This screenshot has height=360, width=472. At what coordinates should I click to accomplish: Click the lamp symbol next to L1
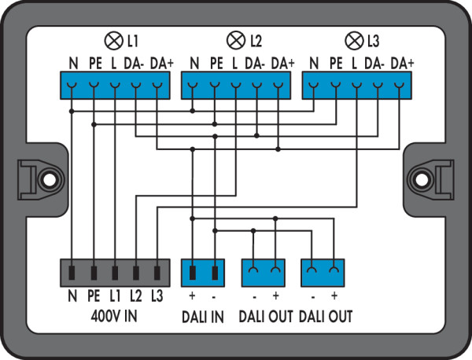pos(112,39)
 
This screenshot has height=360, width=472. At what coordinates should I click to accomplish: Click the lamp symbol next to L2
pos(234,39)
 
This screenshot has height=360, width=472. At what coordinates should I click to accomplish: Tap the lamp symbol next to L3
pos(354,39)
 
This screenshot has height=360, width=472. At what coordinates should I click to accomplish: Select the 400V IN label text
pos(115,317)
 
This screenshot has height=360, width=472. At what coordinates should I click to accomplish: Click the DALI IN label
pos(203,317)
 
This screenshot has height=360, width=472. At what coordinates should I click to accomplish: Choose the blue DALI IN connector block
pos(203,274)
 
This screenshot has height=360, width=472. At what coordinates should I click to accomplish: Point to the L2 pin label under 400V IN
pos(137,297)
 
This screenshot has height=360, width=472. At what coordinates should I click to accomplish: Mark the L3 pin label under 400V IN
pos(158,297)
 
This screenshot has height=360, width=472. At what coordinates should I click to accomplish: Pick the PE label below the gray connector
pos(94,297)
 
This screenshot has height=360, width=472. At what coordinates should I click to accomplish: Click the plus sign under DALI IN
pos(192,297)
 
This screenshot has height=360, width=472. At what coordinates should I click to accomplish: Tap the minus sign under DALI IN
pos(214,297)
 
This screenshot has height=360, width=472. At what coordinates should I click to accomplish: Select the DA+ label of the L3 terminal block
pos(402,62)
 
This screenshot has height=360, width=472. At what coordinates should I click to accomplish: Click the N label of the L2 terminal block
pos(194,62)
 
